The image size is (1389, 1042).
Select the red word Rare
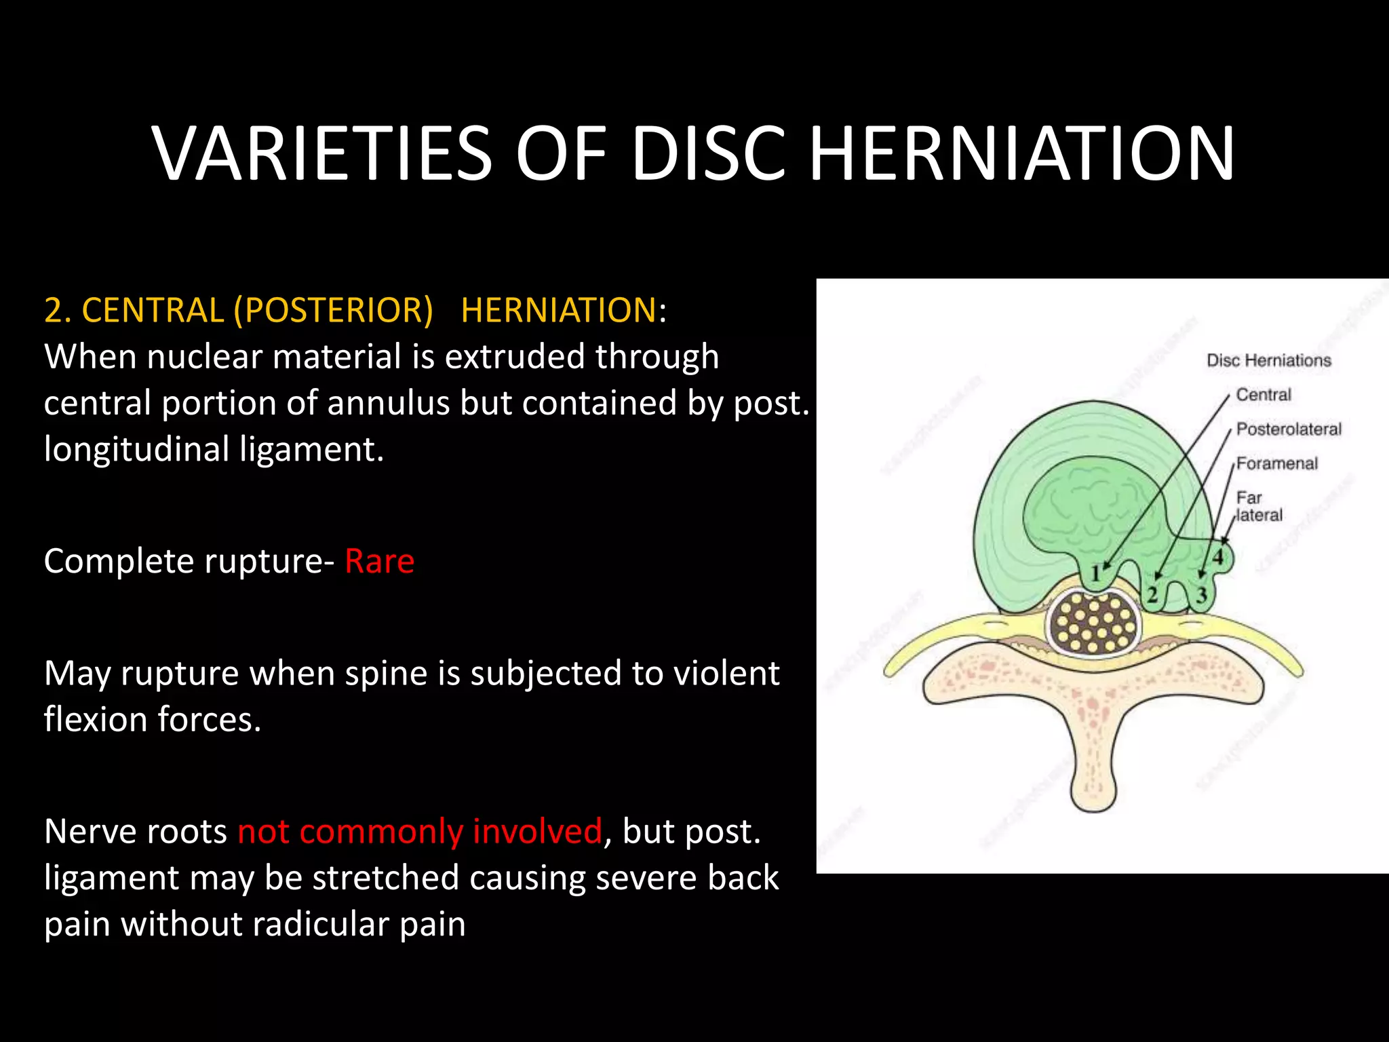pyautogui.click(x=379, y=562)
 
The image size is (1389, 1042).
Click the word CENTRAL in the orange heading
pyautogui.click(x=152, y=310)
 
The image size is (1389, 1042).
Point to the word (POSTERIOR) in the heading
pyautogui.click(x=333, y=310)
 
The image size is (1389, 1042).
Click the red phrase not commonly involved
pyautogui.click(x=420, y=831)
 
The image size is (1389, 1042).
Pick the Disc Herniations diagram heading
pyautogui.click(x=1268, y=360)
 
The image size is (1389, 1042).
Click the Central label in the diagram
pyautogui.click(x=1263, y=395)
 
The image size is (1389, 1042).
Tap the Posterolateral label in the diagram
pyautogui.click(x=1289, y=429)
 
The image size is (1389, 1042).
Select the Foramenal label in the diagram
pyautogui.click(x=1276, y=464)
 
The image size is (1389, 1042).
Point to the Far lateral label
pyautogui.click(x=1259, y=507)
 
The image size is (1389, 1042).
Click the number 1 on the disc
pyautogui.click(x=1095, y=574)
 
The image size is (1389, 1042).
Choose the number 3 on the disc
pyautogui.click(x=1201, y=596)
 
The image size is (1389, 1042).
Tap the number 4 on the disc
pyautogui.click(x=1218, y=558)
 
